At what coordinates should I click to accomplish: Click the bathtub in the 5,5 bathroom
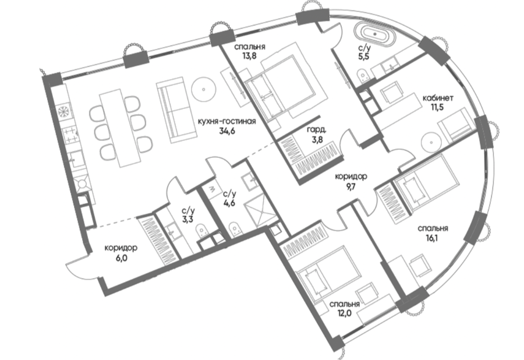click(374, 34)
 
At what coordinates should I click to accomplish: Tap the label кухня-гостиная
click(226, 121)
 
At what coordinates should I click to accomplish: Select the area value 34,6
click(227, 131)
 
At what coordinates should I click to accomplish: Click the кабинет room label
click(438, 98)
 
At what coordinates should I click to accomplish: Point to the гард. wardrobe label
click(317, 130)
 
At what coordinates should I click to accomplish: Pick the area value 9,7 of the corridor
click(350, 186)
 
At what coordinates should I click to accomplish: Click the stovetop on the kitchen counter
click(71, 135)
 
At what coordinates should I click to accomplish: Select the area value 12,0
click(345, 314)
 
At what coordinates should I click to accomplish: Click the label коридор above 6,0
click(121, 248)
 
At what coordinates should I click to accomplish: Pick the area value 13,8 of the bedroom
click(249, 56)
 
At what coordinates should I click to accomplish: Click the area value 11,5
click(437, 107)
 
